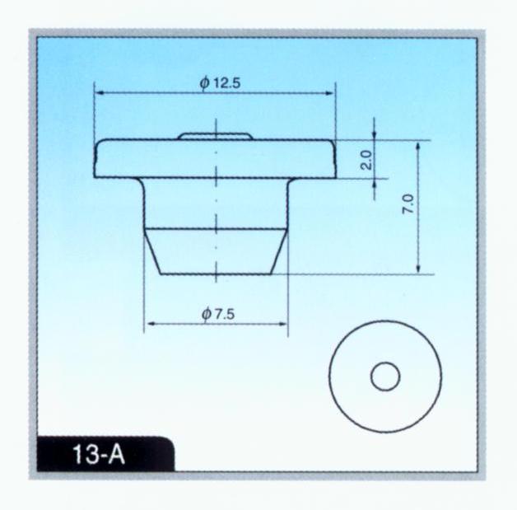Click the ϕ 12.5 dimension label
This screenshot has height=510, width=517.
[220, 82]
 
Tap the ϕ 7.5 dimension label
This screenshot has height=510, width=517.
[218, 314]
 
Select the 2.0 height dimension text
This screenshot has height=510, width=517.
[366, 160]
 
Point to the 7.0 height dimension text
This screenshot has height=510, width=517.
[408, 204]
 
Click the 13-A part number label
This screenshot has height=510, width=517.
[99, 454]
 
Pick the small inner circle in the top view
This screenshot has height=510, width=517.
[385, 377]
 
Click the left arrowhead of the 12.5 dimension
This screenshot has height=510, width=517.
[99, 93]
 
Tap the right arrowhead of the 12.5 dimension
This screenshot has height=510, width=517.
[330, 93]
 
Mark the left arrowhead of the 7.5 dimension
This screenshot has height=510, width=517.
[151, 324]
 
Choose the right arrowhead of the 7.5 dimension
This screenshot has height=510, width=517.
[282, 324]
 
